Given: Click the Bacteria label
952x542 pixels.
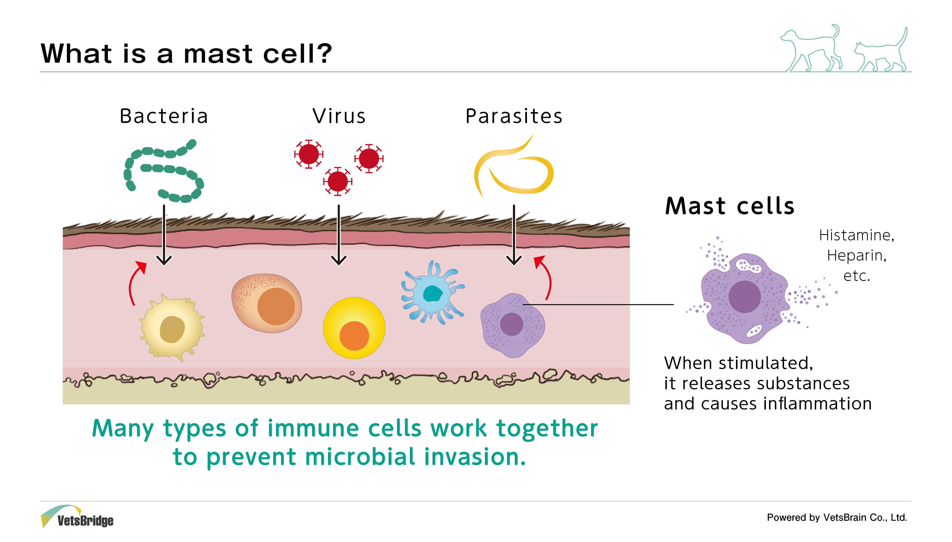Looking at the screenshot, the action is [164, 116].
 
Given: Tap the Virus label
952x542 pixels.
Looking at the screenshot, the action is [339, 116].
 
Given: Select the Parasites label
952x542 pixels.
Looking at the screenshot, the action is [514, 116].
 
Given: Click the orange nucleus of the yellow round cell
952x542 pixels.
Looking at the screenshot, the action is [354, 336].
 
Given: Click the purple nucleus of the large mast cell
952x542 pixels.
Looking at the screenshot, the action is [744, 297].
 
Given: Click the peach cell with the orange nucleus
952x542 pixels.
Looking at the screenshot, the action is [267, 303].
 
